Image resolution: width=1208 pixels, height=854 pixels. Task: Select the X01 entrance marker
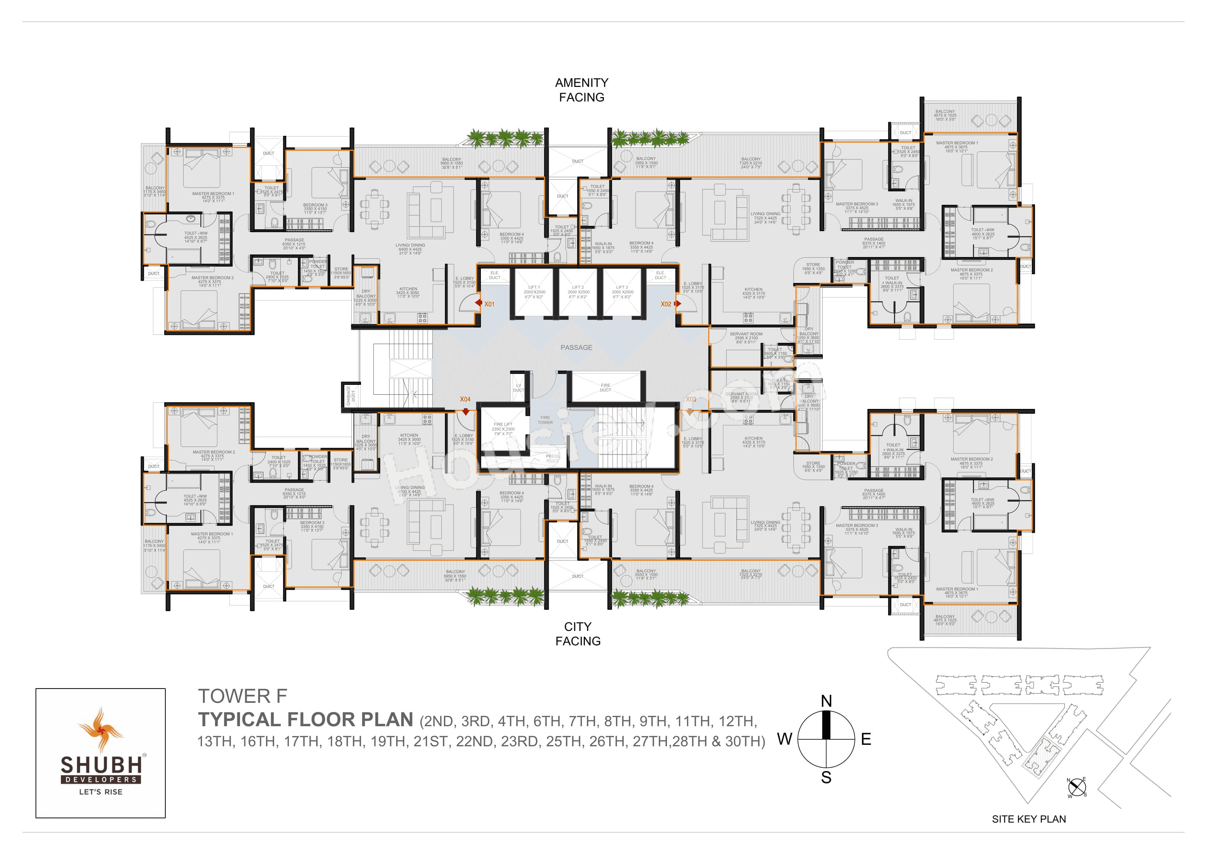(x=489, y=304)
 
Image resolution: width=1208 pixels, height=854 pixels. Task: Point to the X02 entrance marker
(x=666, y=304)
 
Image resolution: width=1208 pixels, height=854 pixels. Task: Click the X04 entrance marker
(x=465, y=399)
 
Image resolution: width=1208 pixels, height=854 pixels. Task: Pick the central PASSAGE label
(x=576, y=347)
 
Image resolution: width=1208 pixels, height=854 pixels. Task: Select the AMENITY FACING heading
(x=582, y=90)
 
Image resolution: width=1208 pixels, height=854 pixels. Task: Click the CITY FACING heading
(x=578, y=633)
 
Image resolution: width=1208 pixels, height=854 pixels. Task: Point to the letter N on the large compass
(x=826, y=701)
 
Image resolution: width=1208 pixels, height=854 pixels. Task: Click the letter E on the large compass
(x=866, y=739)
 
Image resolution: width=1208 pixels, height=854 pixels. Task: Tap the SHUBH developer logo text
(x=101, y=764)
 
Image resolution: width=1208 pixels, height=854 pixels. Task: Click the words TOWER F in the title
(x=242, y=696)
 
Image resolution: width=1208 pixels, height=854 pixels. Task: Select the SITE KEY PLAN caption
(x=1029, y=819)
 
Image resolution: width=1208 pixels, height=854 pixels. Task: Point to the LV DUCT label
(x=518, y=388)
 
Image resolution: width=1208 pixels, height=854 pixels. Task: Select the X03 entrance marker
(x=690, y=399)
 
